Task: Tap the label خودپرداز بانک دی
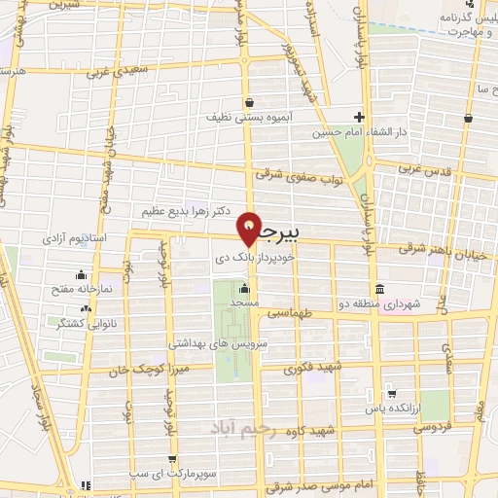pyautogui.click(x=253, y=261)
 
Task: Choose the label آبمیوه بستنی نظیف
pyautogui.click(x=243, y=117)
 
